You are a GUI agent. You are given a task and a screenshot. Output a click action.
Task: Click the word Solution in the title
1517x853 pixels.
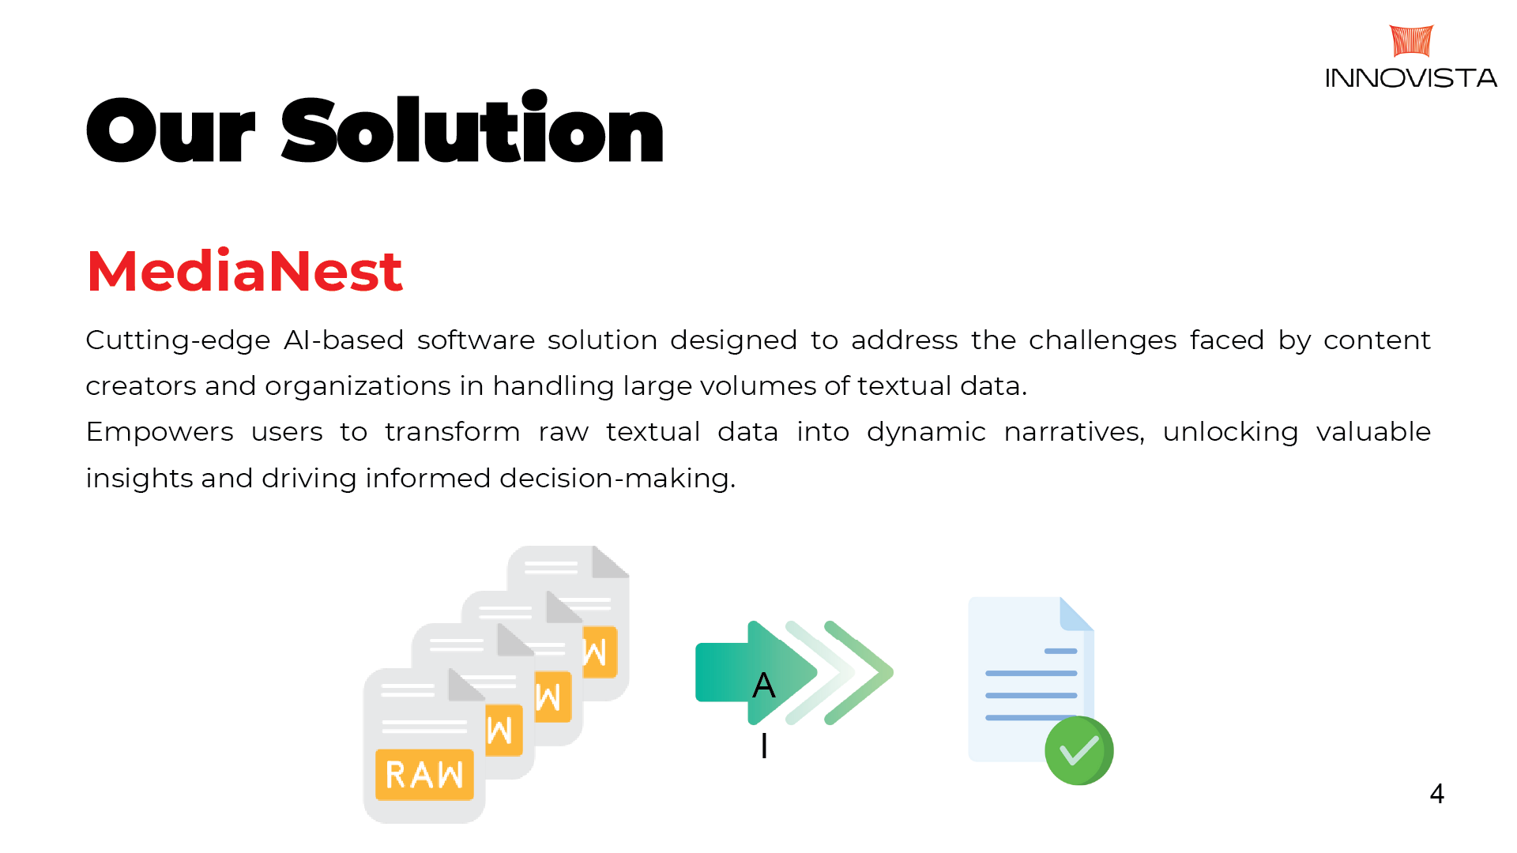pyautogui.click(x=472, y=130)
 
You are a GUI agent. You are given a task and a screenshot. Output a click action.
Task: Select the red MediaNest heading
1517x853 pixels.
pyautogui.click(x=244, y=271)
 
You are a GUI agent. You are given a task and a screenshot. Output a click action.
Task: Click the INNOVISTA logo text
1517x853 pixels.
pyautogui.click(x=1411, y=78)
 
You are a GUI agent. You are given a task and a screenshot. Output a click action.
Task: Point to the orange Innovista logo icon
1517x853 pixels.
pyautogui.click(x=1411, y=41)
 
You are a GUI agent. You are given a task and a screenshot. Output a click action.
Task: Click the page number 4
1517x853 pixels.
pyautogui.click(x=1436, y=793)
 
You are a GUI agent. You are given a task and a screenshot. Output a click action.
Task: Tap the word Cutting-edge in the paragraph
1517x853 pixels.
pyautogui.click(x=178, y=340)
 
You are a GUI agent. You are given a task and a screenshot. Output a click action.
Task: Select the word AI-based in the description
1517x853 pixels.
pyautogui.click(x=344, y=340)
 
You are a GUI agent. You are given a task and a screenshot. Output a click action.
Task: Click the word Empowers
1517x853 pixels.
pyautogui.click(x=160, y=432)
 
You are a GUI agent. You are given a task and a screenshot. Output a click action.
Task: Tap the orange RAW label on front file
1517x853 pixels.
pyautogui.click(x=424, y=774)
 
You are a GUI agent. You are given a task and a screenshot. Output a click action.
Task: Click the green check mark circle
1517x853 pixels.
pyautogui.click(x=1078, y=750)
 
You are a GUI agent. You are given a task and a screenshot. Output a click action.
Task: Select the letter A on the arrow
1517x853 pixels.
pyautogui.click(x=763, y=685)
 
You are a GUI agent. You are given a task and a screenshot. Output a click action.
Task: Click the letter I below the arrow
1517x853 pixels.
pyautogui.click(x=764, y=746)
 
